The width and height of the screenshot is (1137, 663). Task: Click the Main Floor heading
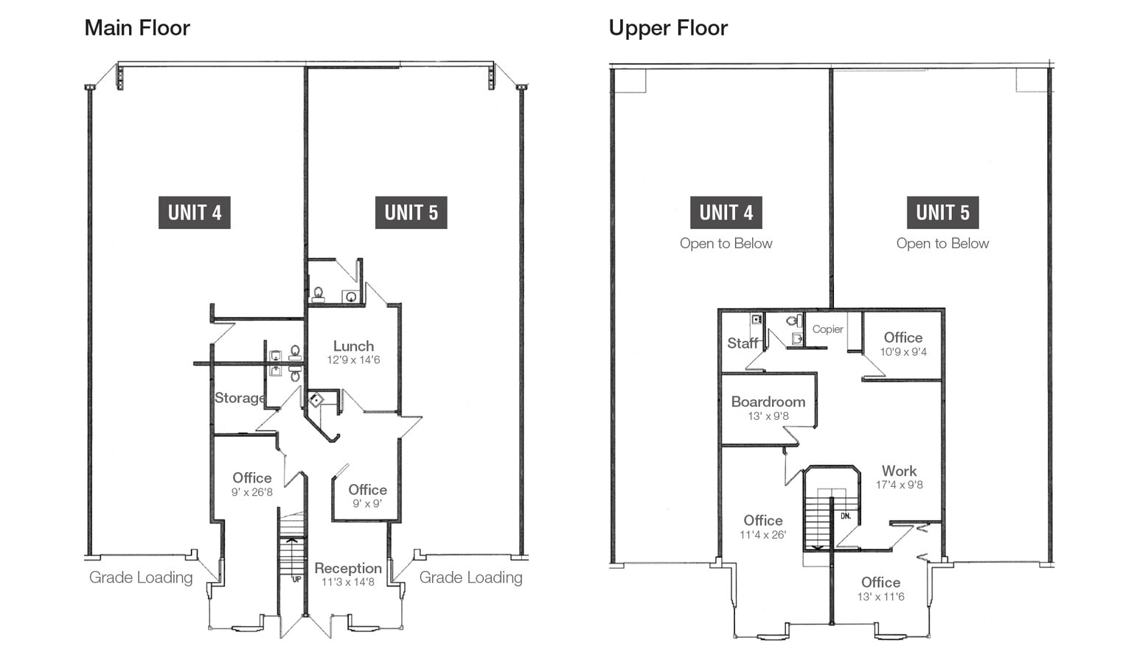click(x=137, y=28)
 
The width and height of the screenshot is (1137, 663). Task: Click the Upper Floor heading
click(x=668, y=28)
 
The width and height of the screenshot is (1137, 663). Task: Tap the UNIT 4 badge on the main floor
click(x=195, y=212)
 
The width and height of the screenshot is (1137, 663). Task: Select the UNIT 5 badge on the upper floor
click(x=942, y=212)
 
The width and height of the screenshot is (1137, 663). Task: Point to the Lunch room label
click(x=353, y=346)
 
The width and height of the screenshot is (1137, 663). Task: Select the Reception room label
click(x=348, y=568)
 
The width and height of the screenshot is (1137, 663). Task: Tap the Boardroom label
click(x=768, y=401)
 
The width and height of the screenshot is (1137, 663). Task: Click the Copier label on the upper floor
click(x=827, y=329)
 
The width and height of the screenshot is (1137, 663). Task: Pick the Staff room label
click(x=742, y=343)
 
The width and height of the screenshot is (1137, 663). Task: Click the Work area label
click(x=899, y=471)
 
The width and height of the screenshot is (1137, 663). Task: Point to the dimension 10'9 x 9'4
click(x=903, y=352)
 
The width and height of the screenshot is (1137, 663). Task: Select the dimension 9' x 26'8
click(x=252, y=492)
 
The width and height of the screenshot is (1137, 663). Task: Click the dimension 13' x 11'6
click(x=880, y=597)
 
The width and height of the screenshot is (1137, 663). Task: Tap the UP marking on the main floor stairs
click(x=296, y=579)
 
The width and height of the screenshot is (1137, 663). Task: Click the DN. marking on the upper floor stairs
click(x=846, y=516)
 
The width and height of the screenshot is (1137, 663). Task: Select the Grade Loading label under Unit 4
click(x=141, y=578)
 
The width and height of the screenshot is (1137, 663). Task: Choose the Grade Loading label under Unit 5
click(x=470, y=578)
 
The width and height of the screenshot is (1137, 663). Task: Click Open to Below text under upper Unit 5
click(x=942, y=244)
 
